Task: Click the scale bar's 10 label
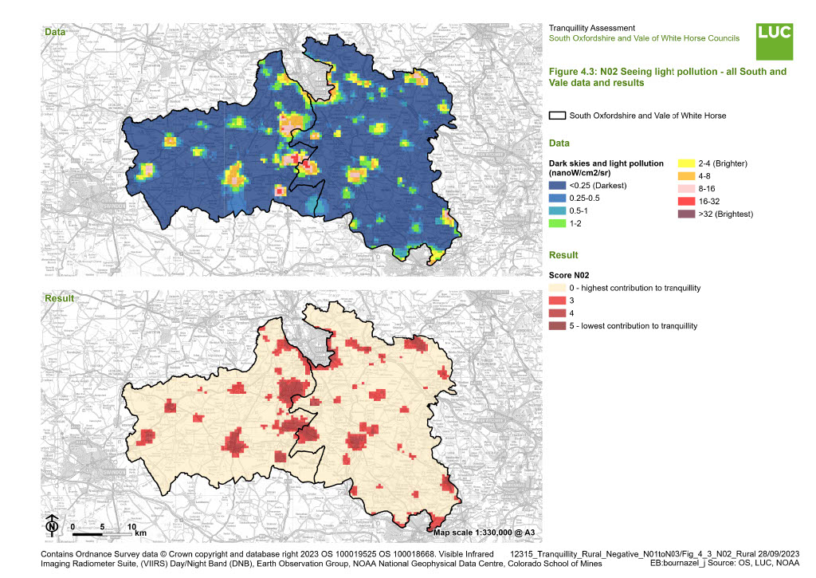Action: click(x=132, y=527)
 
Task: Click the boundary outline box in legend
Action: click(x=558, y=116)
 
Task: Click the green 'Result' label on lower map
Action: click(x=58, y=297)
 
